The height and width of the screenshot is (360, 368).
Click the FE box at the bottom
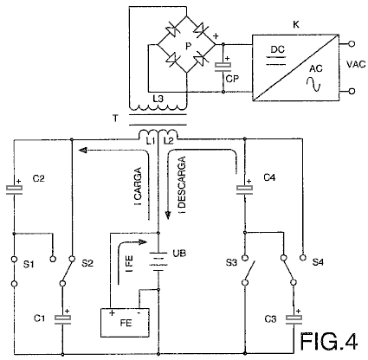125,323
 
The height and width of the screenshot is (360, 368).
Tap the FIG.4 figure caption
329,341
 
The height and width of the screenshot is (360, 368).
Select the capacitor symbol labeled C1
62,319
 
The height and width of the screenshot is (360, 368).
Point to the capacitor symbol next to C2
14,190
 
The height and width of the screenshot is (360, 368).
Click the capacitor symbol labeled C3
294,319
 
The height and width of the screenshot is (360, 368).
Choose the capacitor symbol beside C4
244,190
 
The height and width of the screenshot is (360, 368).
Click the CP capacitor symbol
223,67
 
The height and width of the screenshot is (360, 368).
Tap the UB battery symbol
158,261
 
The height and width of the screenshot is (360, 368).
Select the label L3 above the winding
158,99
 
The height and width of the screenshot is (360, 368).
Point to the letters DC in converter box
278,49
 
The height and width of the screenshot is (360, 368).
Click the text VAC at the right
356,64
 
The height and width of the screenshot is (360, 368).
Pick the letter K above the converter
296,25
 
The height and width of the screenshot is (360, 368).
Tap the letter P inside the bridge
188,46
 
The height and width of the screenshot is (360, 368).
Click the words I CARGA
139,186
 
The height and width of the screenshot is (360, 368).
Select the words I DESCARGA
182,185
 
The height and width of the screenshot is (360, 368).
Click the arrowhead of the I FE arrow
143,241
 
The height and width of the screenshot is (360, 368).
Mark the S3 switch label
231,263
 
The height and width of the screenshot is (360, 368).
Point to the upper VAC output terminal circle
352,44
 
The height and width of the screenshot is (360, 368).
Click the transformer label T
115,119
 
